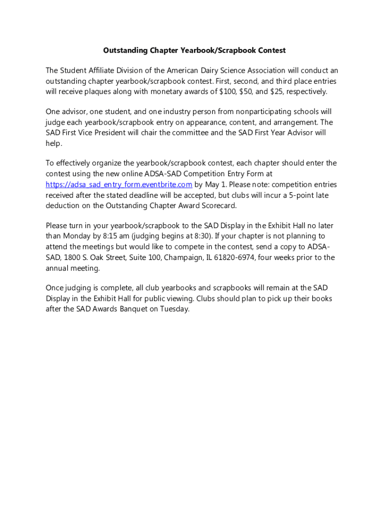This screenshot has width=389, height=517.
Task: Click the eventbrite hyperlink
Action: coord(119,184)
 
